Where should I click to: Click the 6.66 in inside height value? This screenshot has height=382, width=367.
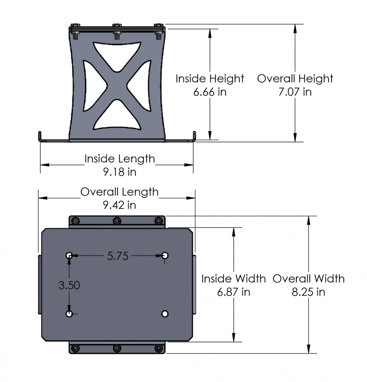[x=210, y=92]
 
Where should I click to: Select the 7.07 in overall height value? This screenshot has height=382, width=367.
[x=295, y=92]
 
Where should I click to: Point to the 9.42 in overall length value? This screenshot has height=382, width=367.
[x=119, y=205]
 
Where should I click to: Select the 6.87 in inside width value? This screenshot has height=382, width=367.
[x=233, y=292]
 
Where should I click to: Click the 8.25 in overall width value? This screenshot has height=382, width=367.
[x=308, y=292]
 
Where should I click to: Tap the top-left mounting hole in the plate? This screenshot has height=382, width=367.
[x=69, y=256]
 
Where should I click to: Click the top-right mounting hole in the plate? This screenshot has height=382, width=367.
[x=165, y=256]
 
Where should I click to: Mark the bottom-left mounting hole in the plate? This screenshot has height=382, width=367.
[x=69, y=314]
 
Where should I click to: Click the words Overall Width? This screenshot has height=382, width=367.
[x=308, y=279]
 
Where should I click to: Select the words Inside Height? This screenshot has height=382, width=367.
[x=210, y=79]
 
